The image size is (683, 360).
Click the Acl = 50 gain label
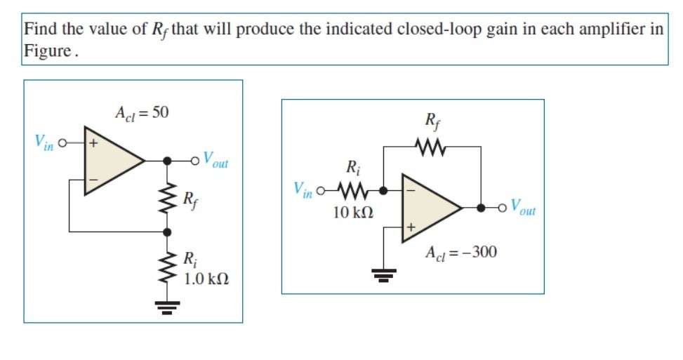click(141, 112)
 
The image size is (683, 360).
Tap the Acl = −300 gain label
click(461, 252)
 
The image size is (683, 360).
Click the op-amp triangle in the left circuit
click(112, 161)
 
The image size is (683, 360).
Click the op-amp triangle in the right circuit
click(429, 208)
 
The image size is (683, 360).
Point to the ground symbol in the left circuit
click(168, 305)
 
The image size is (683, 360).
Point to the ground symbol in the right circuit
click(383, 274)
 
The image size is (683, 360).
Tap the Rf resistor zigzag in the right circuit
click(431, 147)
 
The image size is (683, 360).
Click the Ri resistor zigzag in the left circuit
click(168, 266)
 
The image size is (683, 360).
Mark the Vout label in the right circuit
click(523, 208)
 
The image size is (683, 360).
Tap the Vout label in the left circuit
click(215, 160)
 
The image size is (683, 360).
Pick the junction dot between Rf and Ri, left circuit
click(168, 231)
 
